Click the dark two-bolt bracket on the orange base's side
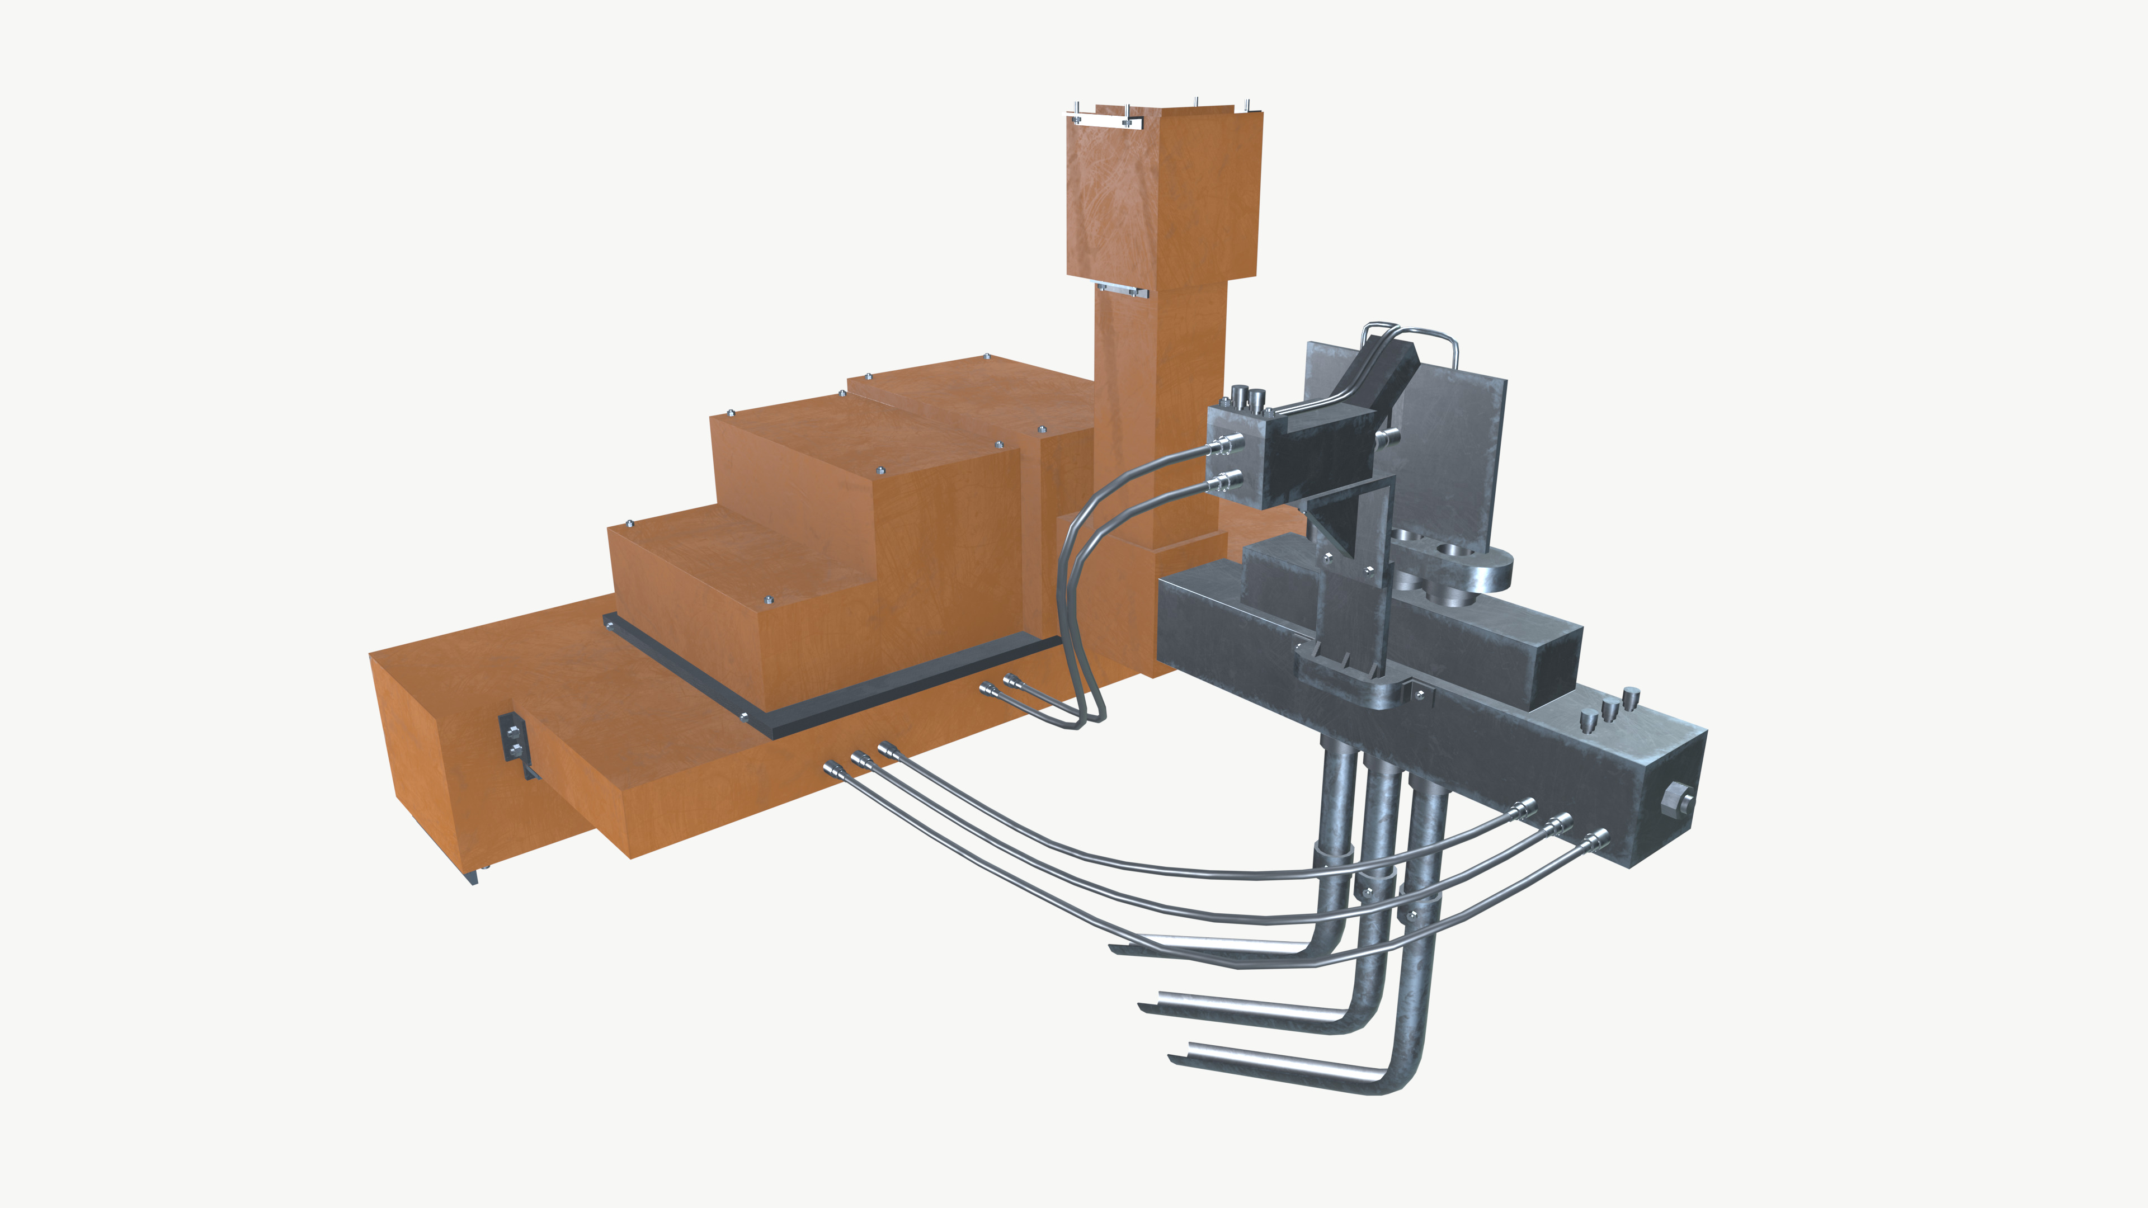[x=510, y=738]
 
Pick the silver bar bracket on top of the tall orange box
[x=1101, y=121]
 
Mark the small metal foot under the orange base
[x=474, y=876]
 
